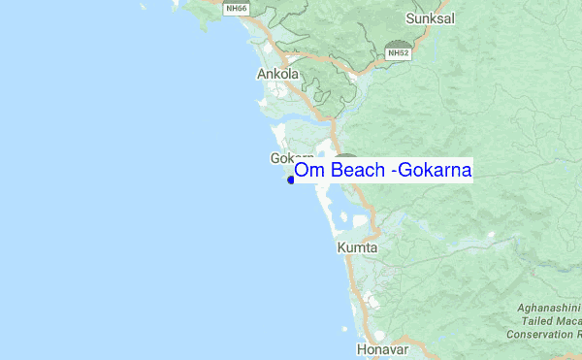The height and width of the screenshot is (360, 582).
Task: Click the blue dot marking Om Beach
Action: (x=290, y=180)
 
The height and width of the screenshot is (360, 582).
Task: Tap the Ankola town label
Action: (x=277, y=74)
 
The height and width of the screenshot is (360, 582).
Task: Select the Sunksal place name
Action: (x=429, y=18)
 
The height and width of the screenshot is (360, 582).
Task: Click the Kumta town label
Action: (x=357, y=249)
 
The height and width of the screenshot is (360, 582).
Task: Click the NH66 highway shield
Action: (x=234, y=9)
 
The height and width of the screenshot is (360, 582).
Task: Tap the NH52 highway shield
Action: (x=398, y=54)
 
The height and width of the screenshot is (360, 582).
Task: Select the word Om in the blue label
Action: (x=307, y=171)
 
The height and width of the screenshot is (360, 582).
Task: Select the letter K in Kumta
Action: (x=341, y=249)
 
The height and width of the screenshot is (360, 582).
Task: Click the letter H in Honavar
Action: (x=361, y=347)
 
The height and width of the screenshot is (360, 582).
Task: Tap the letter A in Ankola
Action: (x=261, y=74)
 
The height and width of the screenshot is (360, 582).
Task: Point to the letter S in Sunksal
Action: (x=410, y=18)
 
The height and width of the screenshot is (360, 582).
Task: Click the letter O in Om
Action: (x=302, y=171)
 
